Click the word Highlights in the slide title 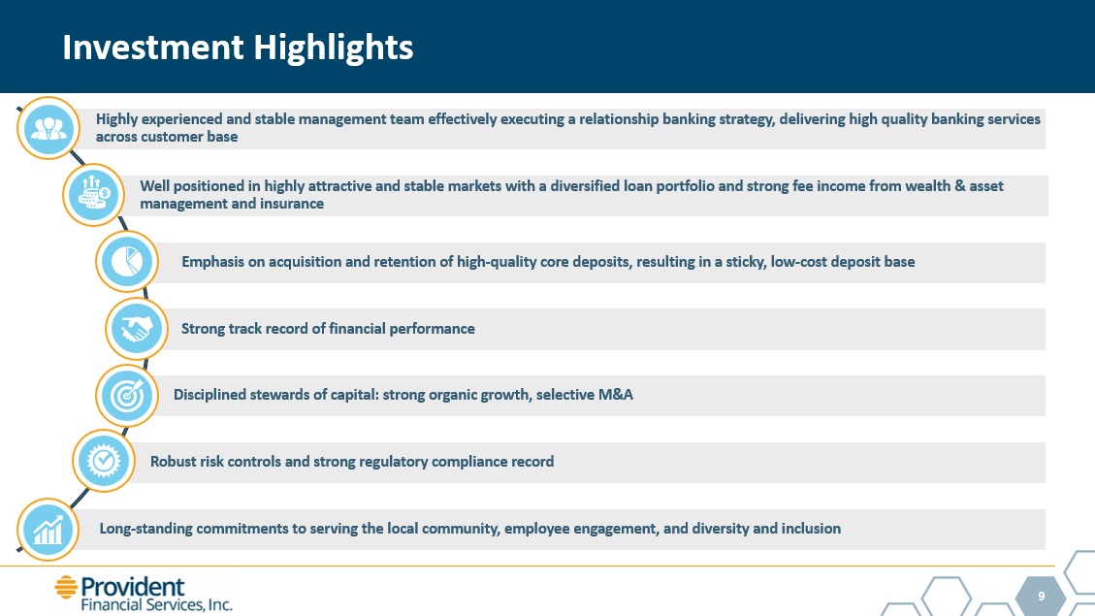(x=333, y=49)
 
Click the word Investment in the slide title (x=153, y=48)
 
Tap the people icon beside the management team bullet (x=48, y=128)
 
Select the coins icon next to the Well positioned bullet (x=93, y=195)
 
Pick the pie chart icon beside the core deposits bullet (x=127, y=262)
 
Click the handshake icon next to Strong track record (x=137, y=329)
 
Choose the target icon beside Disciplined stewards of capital (x=127, y=396)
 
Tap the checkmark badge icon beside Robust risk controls (x=104, y=461)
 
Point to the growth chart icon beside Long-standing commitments (x=48, y=530)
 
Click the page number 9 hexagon (x=1042, y=596)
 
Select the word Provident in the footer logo (x=133, y=587)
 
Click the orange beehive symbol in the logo (x=66, y=587)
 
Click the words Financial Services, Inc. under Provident (x=157, y=604)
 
